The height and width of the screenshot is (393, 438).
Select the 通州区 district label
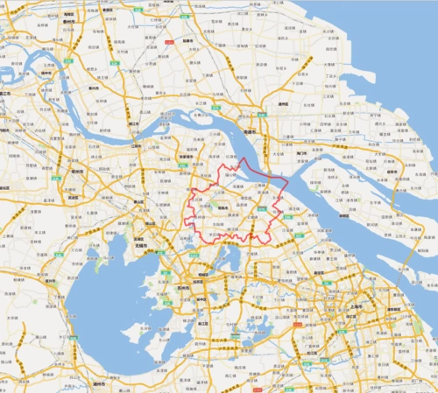[x=283, y=102]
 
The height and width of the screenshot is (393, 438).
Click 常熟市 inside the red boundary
[x=225, y=208]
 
